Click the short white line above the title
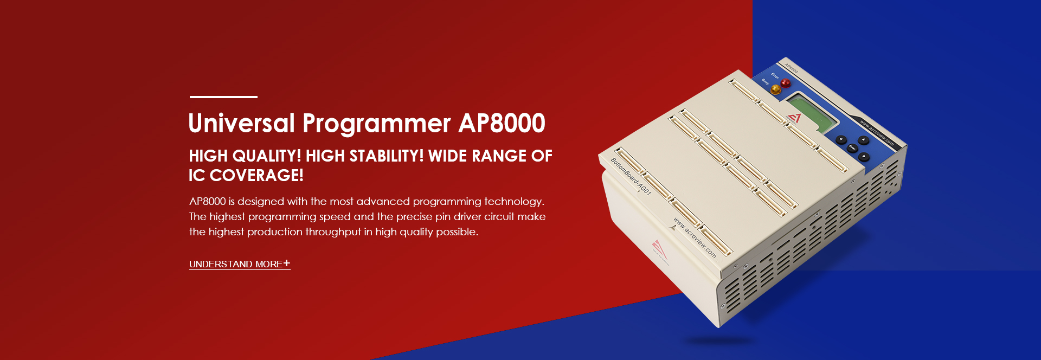(x=223, y=97)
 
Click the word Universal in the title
(x=241, y=124)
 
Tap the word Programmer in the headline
(x=376, y=124)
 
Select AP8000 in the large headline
(x=502, y=124)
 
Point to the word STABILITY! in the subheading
(x=386, y=156)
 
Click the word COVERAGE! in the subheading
(x=256, y=176)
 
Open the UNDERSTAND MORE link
(x=236, y=264)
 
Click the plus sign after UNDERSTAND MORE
(x=287, y=263)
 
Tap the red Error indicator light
(x=785, y=83)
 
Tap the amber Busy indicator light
(x=776, y=89)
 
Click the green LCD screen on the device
(x=812, y=112)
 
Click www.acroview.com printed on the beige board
(x=694, y=237)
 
